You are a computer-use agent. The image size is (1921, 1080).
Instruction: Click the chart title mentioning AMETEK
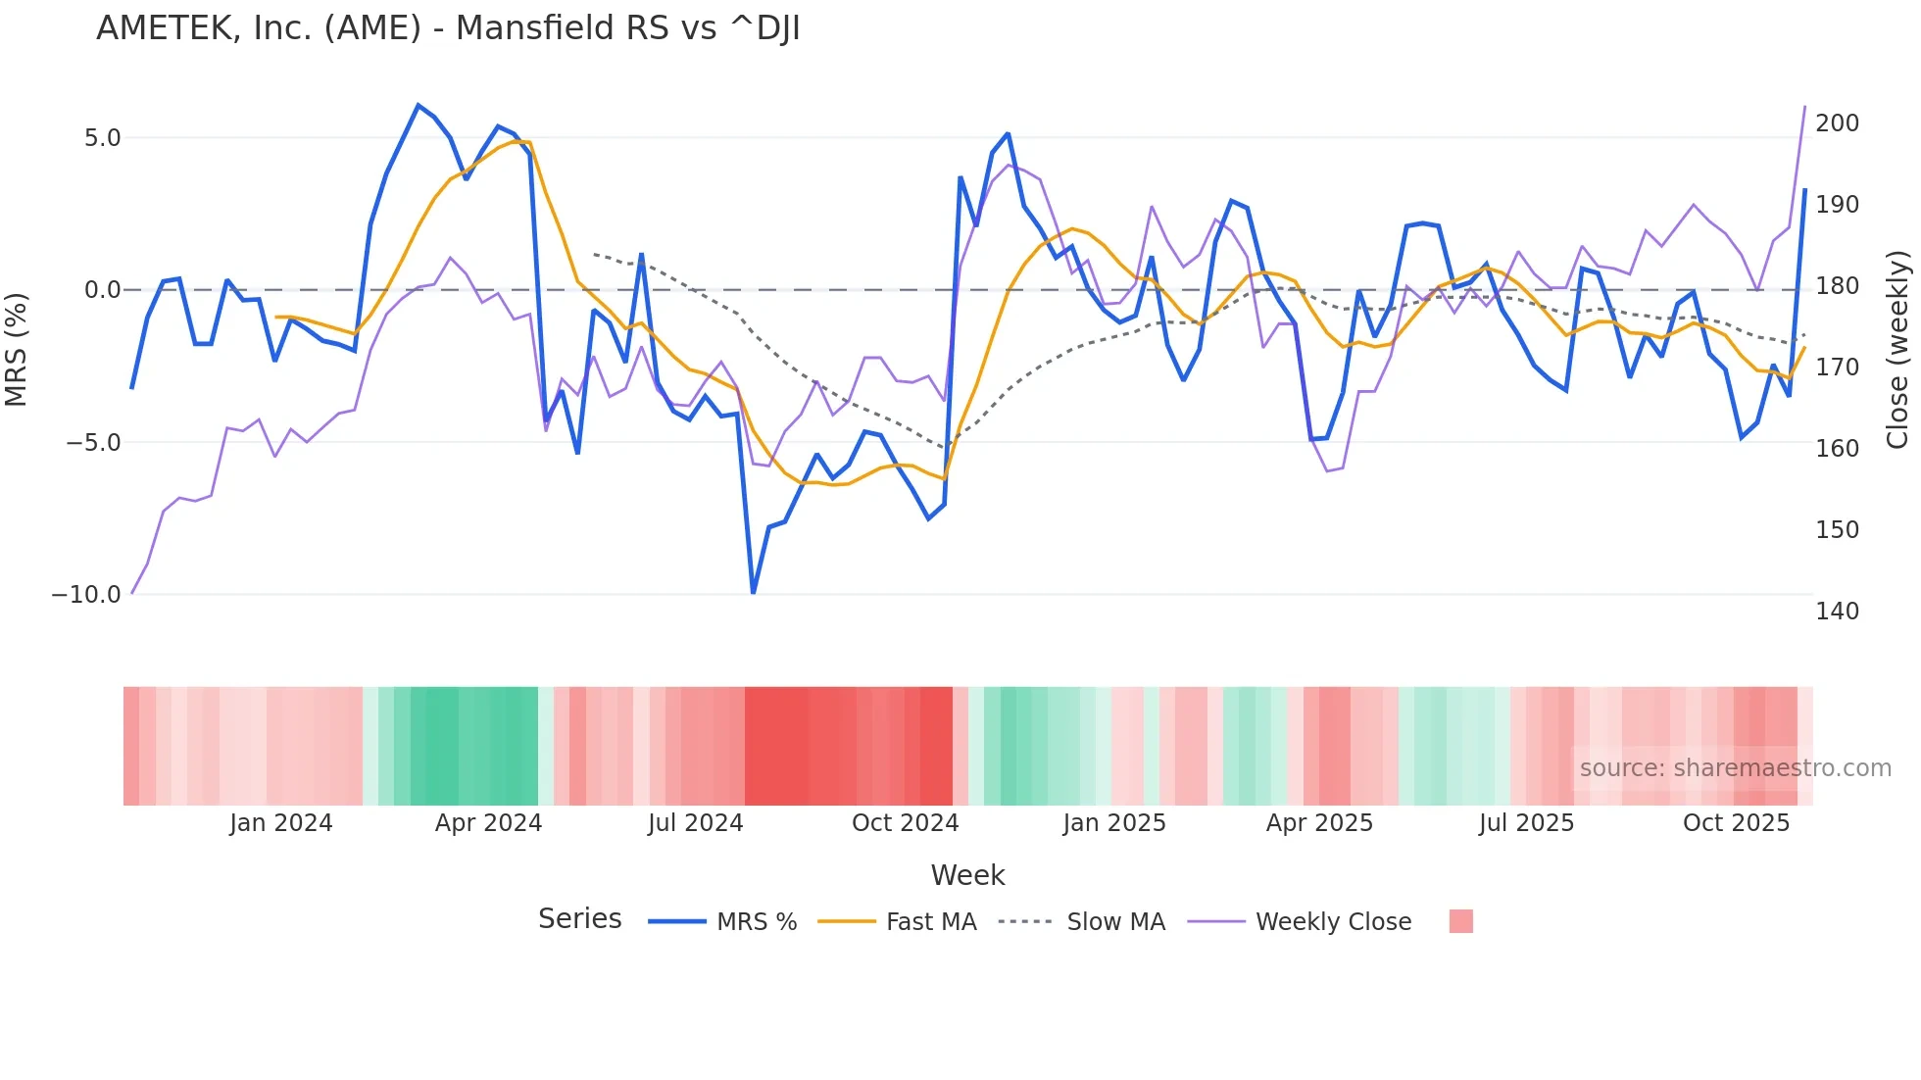[448, 28]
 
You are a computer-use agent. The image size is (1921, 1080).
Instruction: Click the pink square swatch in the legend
[1460, 921]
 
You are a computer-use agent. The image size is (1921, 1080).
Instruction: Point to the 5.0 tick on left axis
[102, 138]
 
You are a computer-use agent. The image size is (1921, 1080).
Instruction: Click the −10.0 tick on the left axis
[86, 595]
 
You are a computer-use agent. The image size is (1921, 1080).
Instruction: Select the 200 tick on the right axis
[1837, 123]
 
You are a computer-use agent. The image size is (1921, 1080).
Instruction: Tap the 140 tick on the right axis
[1837, 612]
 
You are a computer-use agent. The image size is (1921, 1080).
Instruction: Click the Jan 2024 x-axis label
[281, 823]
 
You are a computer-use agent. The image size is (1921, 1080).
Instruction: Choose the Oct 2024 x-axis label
[905, 823]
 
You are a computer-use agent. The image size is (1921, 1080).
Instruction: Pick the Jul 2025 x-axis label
[1526, 823]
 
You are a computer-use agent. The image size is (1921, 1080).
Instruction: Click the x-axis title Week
[967, 875]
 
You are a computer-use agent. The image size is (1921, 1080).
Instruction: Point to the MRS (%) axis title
[17, 350]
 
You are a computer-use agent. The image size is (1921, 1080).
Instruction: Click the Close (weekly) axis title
[1897, 350]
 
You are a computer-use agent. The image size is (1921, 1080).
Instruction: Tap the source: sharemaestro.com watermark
[1735, 768]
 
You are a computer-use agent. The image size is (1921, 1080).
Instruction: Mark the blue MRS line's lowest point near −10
[753, 592]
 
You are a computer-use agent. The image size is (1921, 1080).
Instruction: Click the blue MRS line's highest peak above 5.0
[419, 106]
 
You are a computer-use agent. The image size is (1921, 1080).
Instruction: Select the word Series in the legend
[579, 919]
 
